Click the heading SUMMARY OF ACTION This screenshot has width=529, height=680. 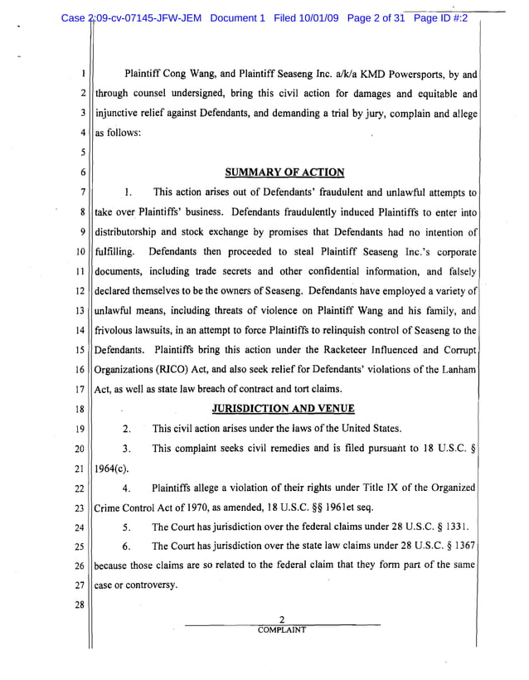284,172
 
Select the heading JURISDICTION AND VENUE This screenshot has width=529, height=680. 284,408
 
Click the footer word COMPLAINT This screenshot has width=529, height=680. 282,629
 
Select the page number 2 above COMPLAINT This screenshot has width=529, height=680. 282,619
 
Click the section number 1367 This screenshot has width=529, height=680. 461,546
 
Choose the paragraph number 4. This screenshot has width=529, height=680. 126,488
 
